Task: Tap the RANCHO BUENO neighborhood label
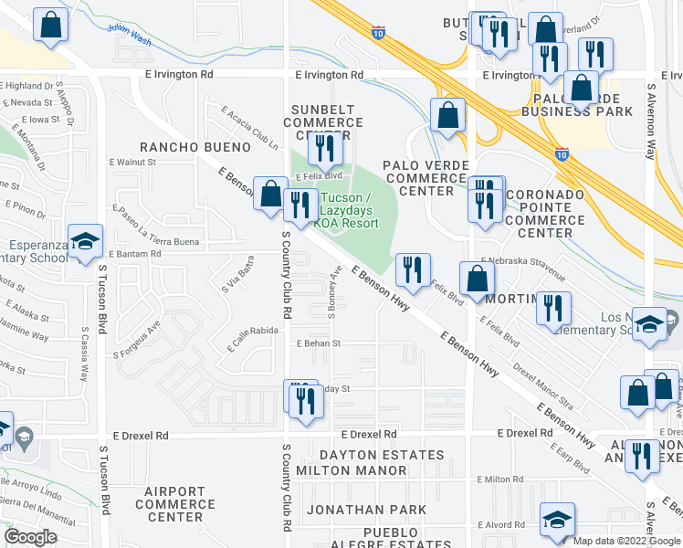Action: coord(194,147)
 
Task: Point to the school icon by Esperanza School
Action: coord(85,242)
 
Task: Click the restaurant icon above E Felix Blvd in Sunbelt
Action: coord(325,147)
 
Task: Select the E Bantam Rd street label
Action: coord(134,253)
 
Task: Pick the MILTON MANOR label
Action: coord(363,470)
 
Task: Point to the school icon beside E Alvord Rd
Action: coord(558,519)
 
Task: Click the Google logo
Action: coord(30,537)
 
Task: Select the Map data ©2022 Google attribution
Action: coord(625,541)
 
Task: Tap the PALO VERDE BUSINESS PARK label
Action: coord(577,104)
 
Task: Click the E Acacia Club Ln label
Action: coord(248,127)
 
